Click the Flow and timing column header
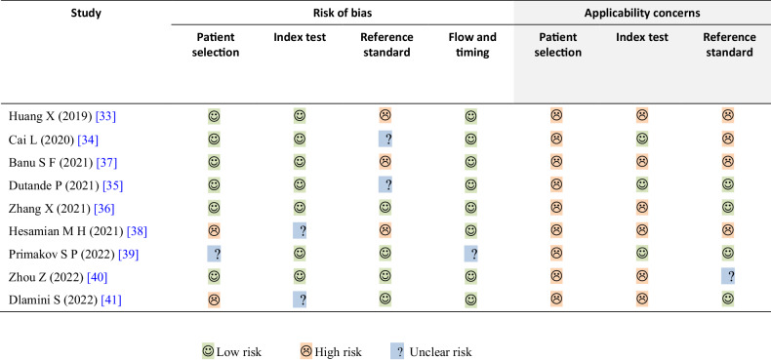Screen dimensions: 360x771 tap(471, 45)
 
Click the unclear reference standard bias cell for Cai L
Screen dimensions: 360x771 tap(385, 139)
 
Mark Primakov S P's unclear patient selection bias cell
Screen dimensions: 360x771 tap(214, 253)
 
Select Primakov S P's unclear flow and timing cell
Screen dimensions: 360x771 tap(471, 253)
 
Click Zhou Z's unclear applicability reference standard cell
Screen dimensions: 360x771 tap(728, 276)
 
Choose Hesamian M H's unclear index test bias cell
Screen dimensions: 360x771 tap(300, 230)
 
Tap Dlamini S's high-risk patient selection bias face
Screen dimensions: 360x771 tap(214, 299)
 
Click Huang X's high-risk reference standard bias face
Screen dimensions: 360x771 tap(385, 116)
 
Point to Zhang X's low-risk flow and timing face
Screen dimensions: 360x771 tap(471, 207)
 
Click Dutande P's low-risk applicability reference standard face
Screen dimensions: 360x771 tap(728, 184)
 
